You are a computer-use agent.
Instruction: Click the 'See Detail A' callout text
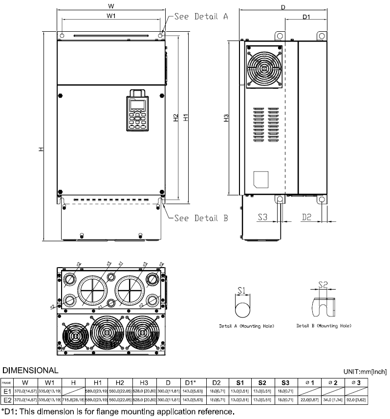coord(201,16)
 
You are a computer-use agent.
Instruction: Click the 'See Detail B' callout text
coord(201,218)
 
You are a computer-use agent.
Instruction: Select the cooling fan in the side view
coord(264,67)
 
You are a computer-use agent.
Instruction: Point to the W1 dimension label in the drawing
coord(111,16)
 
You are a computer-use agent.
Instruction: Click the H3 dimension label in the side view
coord(226,119)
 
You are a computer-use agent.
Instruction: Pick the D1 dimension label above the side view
coord(306,17)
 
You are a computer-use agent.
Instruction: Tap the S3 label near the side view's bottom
coord(263,217)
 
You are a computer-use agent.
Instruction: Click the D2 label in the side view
coord(306,217)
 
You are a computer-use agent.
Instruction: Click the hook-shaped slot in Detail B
coord(323,306)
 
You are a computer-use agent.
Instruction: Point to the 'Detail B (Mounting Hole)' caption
coord(324,326)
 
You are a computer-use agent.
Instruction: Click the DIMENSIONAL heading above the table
coord(30,371)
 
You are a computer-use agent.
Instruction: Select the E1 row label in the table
coord(7,392)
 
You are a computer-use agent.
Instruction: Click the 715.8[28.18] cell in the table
coord(73,400)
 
